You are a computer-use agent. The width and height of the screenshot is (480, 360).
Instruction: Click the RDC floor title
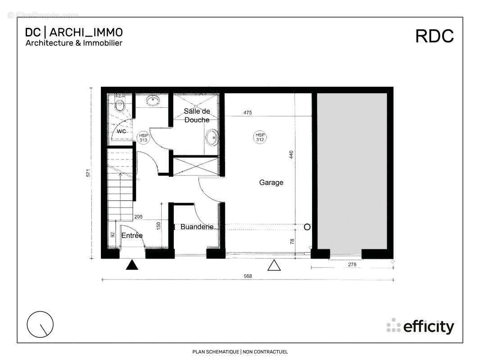[434, 36]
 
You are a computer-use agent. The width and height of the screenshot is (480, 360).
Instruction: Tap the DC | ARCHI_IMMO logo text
[74, 32]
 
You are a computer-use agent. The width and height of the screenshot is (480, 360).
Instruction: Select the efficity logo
[420, 326]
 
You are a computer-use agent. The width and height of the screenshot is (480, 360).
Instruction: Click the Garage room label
[271, 182]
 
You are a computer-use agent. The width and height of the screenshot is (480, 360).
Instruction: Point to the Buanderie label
[197, 227]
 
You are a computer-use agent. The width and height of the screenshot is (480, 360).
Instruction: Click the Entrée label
[132, 235]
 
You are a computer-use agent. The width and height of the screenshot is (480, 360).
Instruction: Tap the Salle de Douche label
[197, 115]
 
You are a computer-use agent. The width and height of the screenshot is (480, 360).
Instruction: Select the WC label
[121, 131]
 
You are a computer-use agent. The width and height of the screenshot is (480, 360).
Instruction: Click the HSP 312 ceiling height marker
[260, 137]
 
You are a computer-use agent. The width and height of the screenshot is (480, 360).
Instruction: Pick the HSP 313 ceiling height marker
[144, 137]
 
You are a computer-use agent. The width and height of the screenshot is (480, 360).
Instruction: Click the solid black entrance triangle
[131, 265]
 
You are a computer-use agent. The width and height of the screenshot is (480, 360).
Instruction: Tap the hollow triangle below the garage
[274, 265]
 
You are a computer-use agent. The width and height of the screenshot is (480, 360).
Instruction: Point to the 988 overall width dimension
[247, 276]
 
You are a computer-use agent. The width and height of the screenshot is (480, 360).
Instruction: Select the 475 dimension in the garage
[247, 112]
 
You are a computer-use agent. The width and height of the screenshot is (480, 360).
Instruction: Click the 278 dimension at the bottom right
[352, 265]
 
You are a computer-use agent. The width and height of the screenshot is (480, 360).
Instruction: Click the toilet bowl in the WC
[119, 105]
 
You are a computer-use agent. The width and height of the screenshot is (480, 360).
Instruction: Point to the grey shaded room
[352, 171]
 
